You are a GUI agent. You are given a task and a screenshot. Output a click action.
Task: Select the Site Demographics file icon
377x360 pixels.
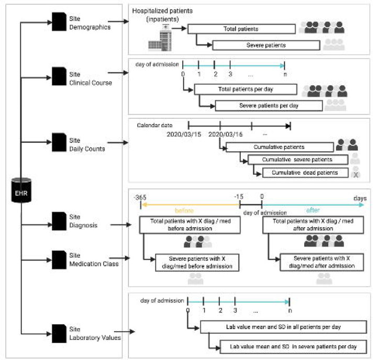58,22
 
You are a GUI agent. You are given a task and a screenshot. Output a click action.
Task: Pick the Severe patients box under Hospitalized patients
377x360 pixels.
265,45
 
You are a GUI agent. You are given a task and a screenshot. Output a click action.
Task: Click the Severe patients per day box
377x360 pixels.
268,106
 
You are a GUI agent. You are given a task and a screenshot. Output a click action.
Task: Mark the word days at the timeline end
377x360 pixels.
359,198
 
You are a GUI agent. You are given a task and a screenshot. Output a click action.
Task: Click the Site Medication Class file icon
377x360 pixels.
58,258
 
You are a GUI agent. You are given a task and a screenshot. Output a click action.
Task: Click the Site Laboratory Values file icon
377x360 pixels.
58,333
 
